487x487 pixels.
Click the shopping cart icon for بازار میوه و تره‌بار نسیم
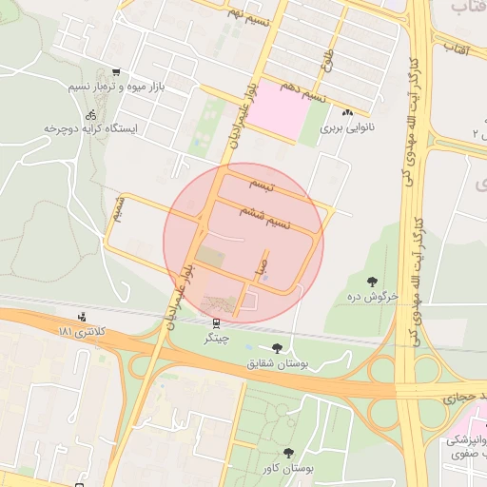click(116, 72)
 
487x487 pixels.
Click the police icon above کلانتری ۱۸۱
click(82, 318)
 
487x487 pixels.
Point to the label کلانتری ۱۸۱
click(82, 331)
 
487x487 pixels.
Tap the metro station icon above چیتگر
click(217, 323)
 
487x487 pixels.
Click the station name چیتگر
click(217, 338)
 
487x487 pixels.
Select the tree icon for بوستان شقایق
click(277, 348)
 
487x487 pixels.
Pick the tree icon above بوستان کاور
click(289, 453)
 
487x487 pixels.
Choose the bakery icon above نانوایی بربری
click(347, 112)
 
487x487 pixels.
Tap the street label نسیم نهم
click(249, 13)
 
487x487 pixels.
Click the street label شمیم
click(118, 211)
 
